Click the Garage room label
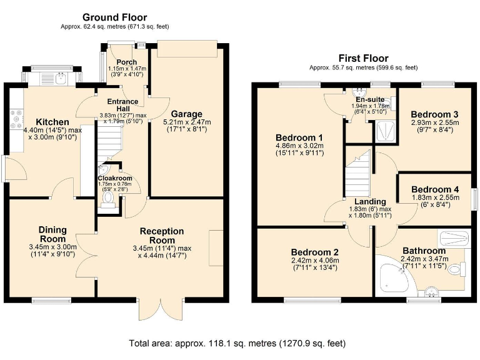pos(186,114)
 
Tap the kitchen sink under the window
pos(62,78)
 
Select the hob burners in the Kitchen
pos(16,119)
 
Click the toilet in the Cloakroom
pos(107,199)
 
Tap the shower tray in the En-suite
pos(385,131)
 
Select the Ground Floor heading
pos(114,17)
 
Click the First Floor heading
pos(363,58)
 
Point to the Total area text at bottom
pos(237,344)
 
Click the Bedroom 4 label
pos(435,189)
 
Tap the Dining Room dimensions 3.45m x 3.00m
pos(53,247)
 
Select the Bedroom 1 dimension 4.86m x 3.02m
pos(300,146)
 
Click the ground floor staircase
pos(109,141)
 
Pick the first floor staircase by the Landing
pos(358,177)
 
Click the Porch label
pos(127,62)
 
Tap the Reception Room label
pos(162,236)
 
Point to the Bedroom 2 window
pos(312,300)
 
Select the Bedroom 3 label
pos(434,114)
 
